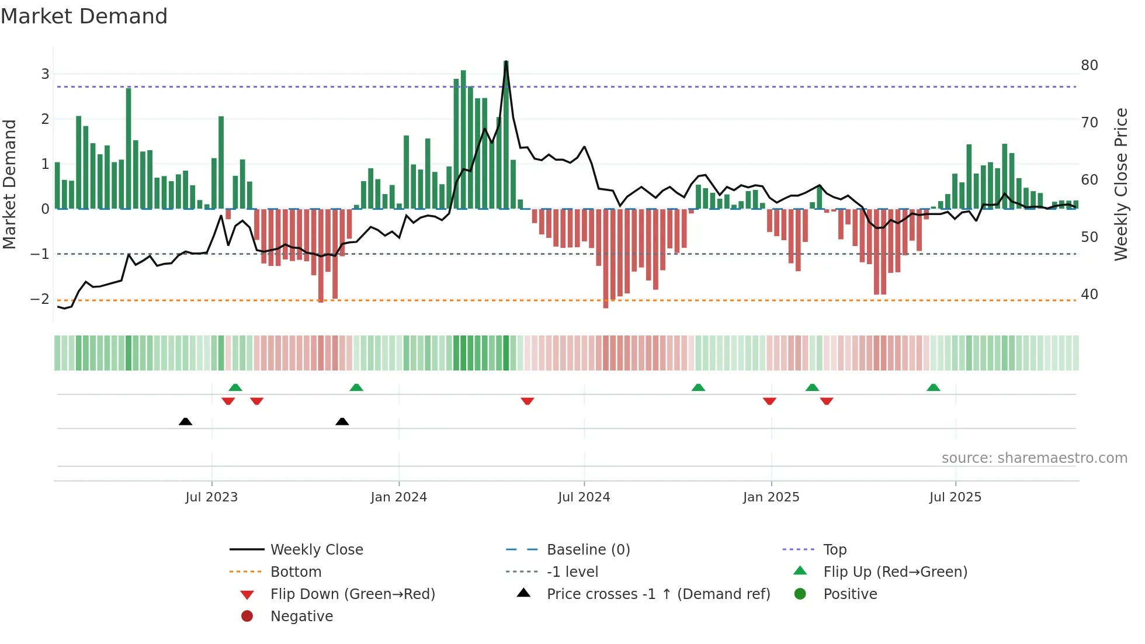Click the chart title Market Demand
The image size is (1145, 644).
pos(84,16)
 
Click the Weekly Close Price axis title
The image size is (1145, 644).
pos(1120,184)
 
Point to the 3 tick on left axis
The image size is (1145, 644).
pos(45,74)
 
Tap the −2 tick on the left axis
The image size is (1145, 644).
pos(40,299)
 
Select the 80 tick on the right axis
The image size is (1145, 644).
pos(1089,65)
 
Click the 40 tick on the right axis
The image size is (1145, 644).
pos(1089,294)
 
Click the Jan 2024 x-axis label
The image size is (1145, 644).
pos(398,497)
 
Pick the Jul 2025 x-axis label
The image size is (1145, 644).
pos(955,497)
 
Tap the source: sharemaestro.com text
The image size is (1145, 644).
pos(1034,458)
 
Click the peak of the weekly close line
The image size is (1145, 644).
pos(506,62)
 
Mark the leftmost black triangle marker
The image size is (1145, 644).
pos(185,421)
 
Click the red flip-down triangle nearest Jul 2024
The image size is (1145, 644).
pos(528,401)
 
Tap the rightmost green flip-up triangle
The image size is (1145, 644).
pos(933,387)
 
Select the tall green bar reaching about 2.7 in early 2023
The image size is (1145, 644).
pos(129,146)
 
